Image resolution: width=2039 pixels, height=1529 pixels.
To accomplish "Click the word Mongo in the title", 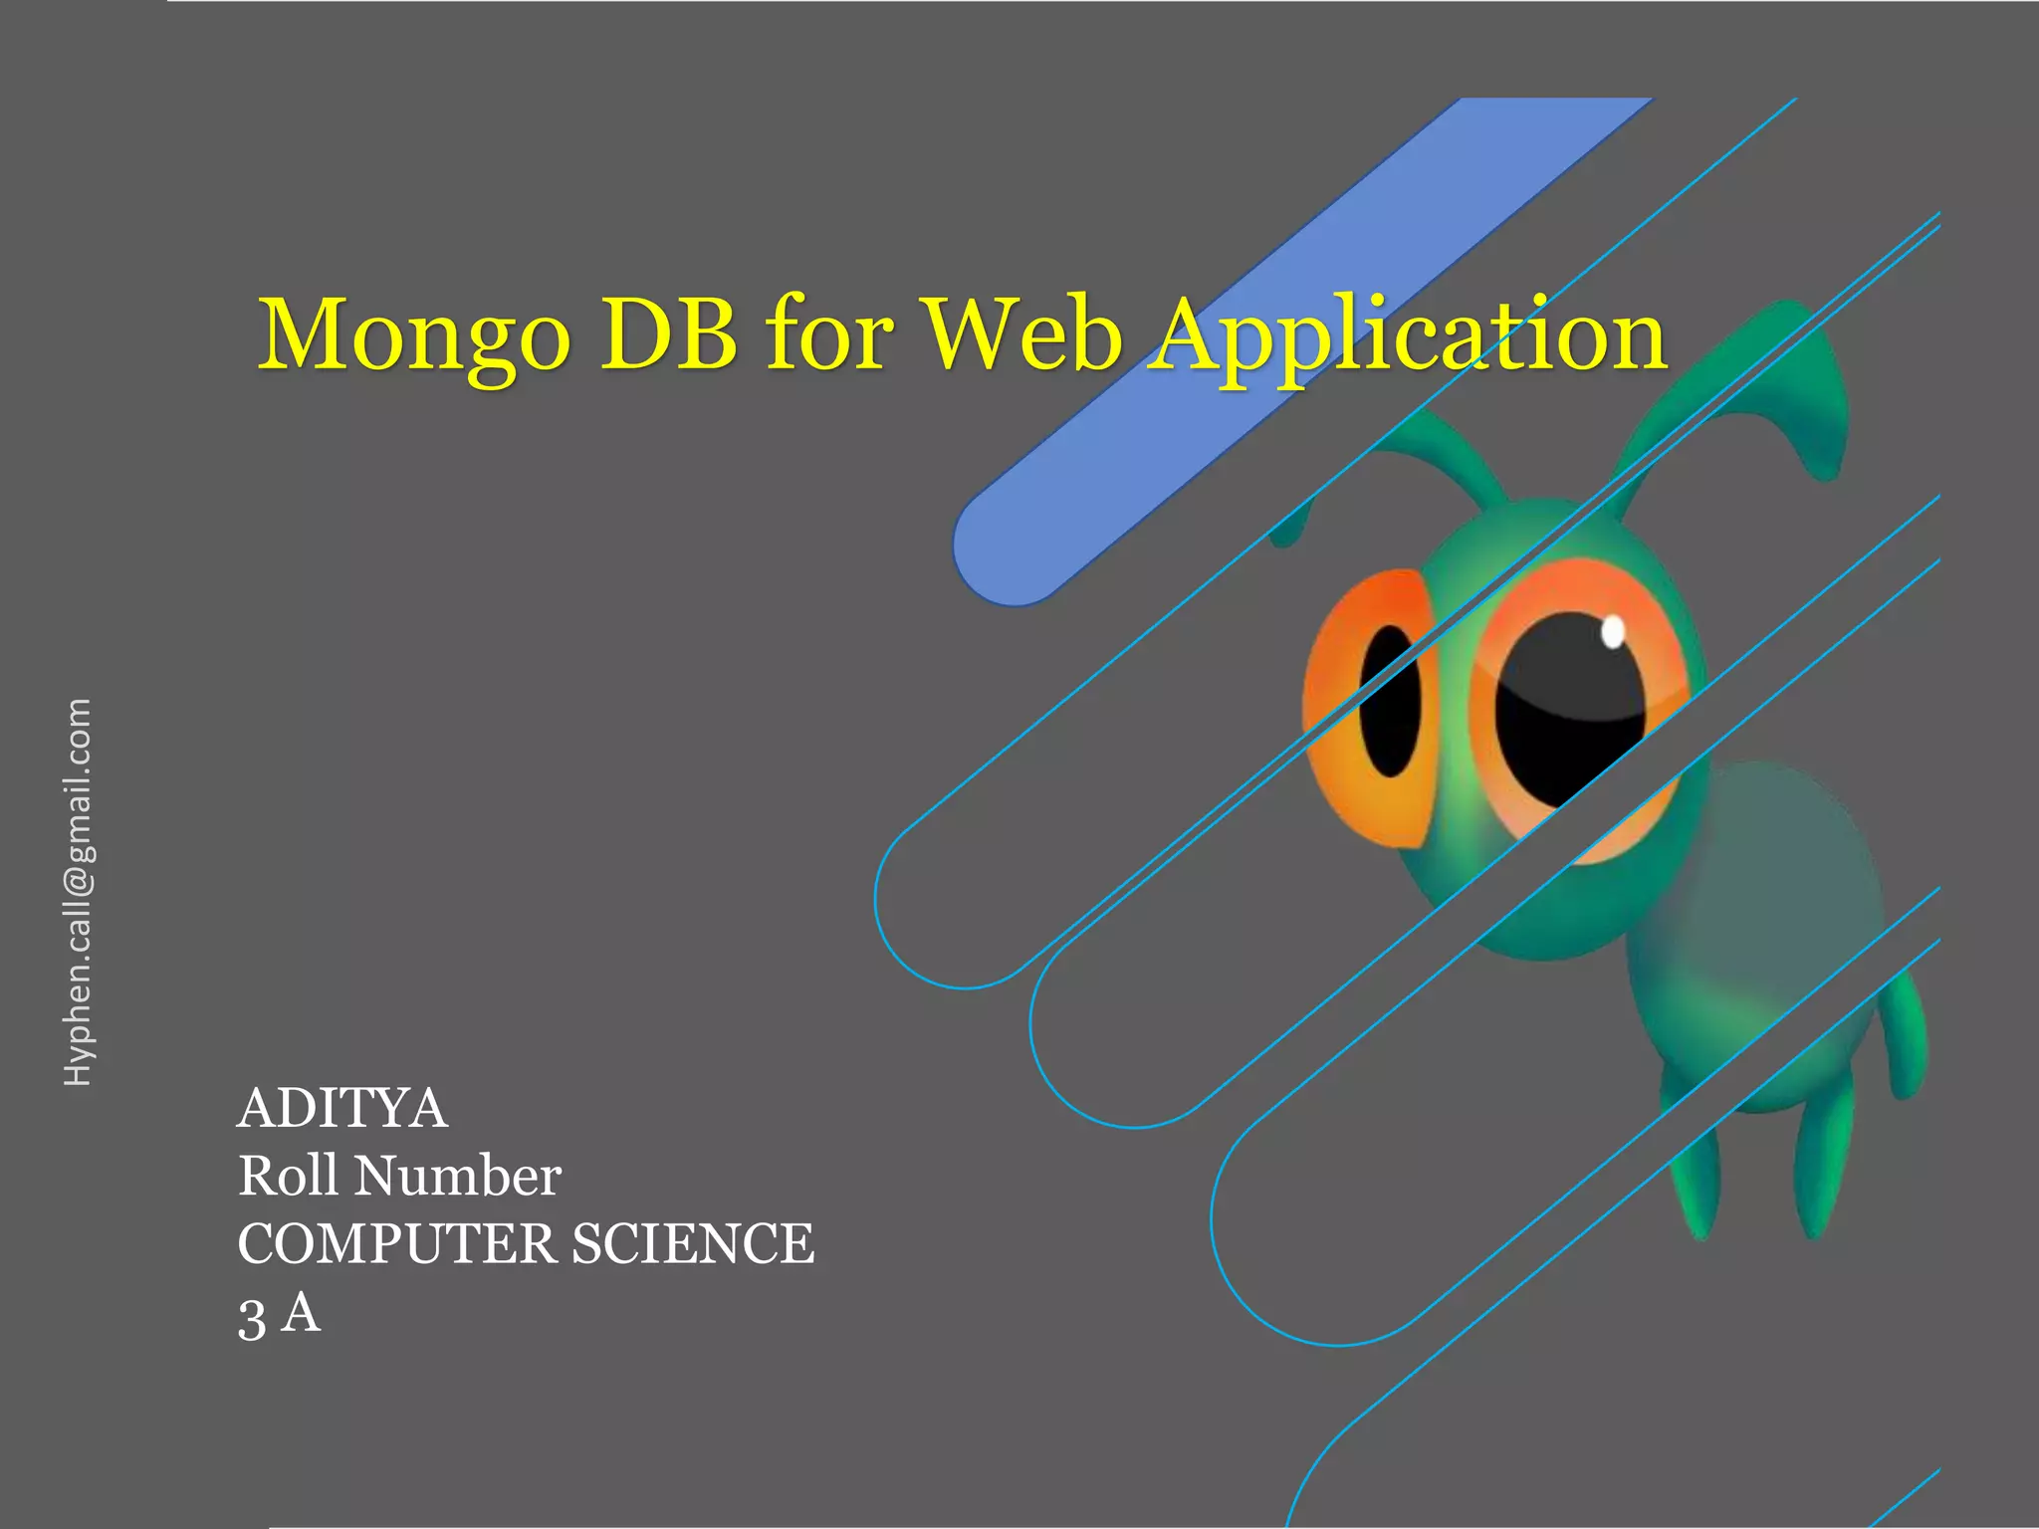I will coord(414,336).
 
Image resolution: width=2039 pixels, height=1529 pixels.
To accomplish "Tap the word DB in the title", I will coord(669,333).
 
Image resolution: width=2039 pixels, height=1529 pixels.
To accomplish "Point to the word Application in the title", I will coord(1406,338).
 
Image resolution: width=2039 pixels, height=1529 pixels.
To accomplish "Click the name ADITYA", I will coord(342,1108).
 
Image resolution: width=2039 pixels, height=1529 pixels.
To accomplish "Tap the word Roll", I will coord(288,1176).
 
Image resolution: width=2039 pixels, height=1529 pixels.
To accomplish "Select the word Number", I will coord(459,1176).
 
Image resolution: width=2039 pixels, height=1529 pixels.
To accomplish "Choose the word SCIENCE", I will coord(693,1243).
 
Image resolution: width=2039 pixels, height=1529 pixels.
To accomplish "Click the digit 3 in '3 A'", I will coord(252,1318).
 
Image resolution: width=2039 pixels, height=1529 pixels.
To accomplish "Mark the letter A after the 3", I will coord(301,1312).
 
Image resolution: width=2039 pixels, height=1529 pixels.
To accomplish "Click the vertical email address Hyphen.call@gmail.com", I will coord(78,892).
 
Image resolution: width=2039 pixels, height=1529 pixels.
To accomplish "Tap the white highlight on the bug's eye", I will coord(1613,631).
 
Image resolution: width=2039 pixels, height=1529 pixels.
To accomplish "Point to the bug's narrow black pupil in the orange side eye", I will coord(1389,702).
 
